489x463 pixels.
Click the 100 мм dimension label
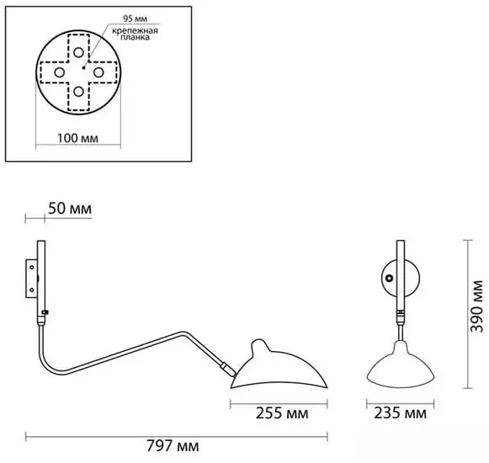pyautogui.click(x=77, y=138)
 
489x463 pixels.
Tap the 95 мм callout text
pyautogui.click(x=135, y=19)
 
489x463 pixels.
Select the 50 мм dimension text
pyautogui.click(x=70, y=209)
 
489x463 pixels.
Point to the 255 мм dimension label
pyautogui.click(x=282, y=413)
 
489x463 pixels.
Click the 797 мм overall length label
pyautogui.click(x=173, y=446)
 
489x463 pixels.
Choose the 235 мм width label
pyautogui.click(x=400, y=413)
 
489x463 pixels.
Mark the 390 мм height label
pyautogui.click(x=477, y=306)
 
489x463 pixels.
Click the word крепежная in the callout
pyautogui.click(x=135, y=30)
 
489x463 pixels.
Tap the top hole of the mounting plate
pyautogui.click(x=78, y=52)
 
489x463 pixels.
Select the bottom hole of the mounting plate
pyautogui.click(x=78, y=92)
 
